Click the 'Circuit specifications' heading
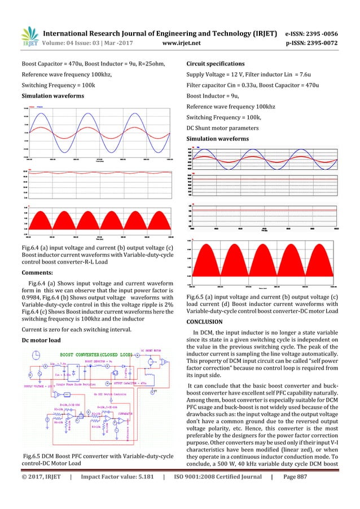[x=216, y=63]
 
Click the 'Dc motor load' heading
[x=41, y=340]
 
